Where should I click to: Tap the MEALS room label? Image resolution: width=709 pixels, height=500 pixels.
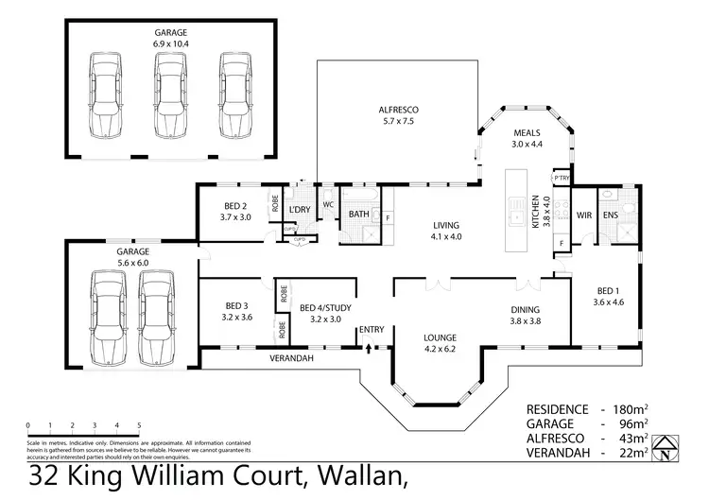click(x=527, y=132)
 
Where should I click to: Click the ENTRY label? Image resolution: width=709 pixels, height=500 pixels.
click(x=371, y=330)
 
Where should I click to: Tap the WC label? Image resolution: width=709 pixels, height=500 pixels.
click(x=328, y=204)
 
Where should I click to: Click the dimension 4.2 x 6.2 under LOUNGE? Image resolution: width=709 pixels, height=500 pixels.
click(x=441, y=349)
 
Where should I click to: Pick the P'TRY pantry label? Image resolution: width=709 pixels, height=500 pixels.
click(x=562, y=177)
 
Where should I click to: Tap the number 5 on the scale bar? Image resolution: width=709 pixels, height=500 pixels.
click(x=139, y=424)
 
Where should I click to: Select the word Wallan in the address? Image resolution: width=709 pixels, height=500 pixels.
click(x=366, y=478)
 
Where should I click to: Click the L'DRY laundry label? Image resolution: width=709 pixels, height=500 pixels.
click(x=300, y=209)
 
